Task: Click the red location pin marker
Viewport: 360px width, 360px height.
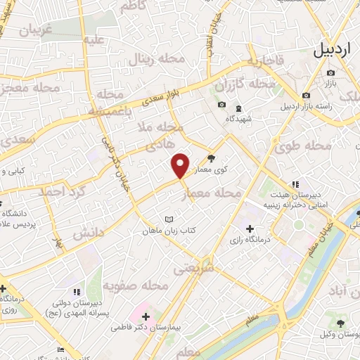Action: pos(181,165)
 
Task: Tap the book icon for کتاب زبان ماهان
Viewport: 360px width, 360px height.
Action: pos(167,219)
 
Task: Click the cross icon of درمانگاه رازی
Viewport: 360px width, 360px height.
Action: pos(250,229)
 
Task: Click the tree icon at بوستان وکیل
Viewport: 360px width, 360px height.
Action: pos(341,323)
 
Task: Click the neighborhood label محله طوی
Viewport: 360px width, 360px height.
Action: pos(310,146)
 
